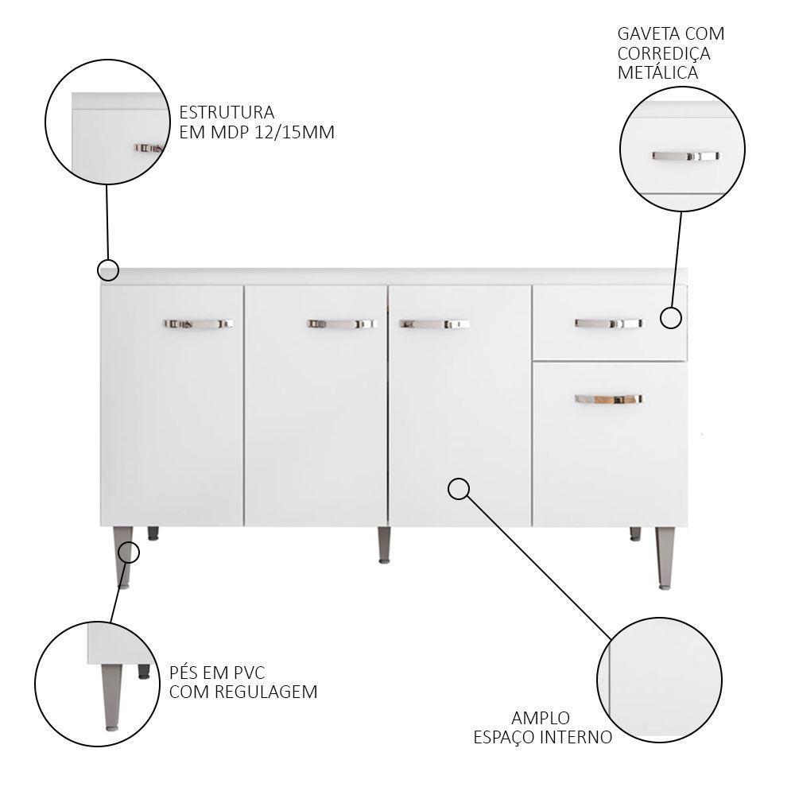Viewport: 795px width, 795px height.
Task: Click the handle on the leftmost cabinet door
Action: [198, 324]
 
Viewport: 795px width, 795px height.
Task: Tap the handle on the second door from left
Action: [341, 324]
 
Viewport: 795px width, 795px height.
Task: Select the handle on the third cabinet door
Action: [434, 324]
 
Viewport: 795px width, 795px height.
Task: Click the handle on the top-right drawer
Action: [608, 323]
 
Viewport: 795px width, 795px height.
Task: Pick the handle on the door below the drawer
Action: [608, 397]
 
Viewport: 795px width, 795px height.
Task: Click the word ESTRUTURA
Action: [227, 112]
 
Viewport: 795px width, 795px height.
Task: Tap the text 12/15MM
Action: [289, 132]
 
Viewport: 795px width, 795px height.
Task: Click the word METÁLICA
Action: [658, 72]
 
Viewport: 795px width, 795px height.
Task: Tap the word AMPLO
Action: [541, 718]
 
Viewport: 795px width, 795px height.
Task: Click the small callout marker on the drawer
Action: [672, 318]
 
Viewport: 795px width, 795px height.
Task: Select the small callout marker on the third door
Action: [459, 488]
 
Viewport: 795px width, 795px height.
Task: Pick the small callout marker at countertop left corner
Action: [108, 270]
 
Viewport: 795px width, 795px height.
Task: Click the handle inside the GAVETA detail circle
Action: [685, 157]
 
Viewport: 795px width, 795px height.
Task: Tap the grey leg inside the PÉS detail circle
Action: [111, 696]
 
